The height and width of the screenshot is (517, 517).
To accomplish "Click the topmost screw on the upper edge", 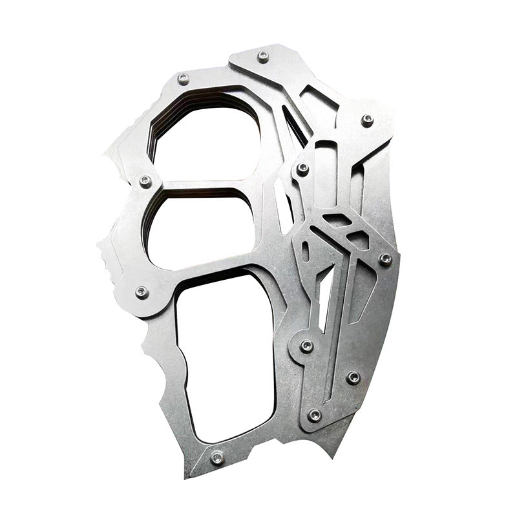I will coord(262,57).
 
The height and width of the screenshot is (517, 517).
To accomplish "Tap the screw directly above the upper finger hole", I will coord(184,79).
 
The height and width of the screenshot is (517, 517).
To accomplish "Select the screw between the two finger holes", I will coord(145,180).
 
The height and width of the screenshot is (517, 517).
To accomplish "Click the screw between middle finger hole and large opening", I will coord(142,293).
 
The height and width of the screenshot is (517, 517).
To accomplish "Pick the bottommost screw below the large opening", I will coord(216,458).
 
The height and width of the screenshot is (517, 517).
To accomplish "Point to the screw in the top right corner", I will coord(367,120).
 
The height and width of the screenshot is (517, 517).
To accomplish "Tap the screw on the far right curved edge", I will coord(385,259).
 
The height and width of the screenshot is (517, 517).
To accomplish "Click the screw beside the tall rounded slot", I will coord(302,169).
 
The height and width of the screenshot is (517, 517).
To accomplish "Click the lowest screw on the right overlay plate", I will coord(315,415).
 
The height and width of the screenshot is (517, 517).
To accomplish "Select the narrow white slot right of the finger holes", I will coord(282,207).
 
